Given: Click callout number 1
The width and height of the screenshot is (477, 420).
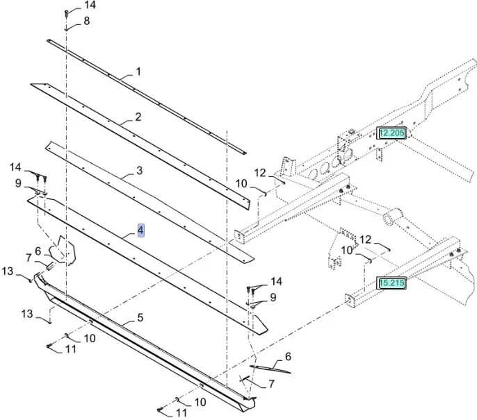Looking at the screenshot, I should pos(138,72).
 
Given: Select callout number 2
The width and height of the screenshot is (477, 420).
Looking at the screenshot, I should pos(138,117).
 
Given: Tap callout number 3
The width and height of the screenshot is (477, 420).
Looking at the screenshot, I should pos(140,170).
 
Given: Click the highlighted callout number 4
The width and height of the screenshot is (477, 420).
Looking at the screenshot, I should pos(140,230).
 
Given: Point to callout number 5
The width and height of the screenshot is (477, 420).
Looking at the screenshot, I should pos(140,318).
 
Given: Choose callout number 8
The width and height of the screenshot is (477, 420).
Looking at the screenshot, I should pos(86,21).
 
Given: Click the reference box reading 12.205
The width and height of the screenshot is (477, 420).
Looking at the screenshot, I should pos(391,133).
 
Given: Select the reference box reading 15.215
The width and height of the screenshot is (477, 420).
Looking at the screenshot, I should pos(391,283).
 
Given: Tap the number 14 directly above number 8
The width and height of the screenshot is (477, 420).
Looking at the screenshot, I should pos(90,6).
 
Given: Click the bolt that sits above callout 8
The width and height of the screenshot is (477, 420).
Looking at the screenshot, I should pos(67,12).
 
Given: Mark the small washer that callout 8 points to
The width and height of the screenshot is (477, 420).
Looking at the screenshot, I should pos(67,29).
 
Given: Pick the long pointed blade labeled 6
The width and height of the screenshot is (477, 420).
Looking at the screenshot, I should pos(270,369).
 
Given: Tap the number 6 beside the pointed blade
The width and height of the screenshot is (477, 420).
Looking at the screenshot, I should pos(287,357).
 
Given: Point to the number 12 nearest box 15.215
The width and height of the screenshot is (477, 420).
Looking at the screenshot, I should pos(364,240).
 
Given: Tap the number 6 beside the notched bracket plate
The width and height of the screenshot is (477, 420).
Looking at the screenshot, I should pos(38,251).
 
